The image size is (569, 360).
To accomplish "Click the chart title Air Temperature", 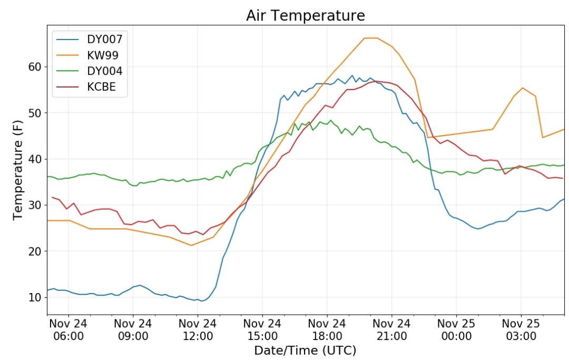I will (305, 16).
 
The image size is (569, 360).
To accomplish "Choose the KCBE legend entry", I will (101, 87).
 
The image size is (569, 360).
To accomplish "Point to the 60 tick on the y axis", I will (35, 67).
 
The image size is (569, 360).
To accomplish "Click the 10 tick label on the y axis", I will (35, 297).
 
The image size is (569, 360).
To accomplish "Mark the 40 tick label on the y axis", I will (35, 159).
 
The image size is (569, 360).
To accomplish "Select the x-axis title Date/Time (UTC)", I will (305, 351).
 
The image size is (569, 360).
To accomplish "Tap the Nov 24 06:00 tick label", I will (68, 329).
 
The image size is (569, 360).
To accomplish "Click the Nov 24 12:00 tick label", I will (198, 329).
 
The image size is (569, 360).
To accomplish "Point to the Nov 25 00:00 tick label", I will (456, 329).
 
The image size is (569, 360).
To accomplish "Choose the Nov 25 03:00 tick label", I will (521, 329).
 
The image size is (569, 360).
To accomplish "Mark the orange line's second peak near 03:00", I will (522, 88).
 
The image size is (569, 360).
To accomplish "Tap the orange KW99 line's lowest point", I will (191, 245).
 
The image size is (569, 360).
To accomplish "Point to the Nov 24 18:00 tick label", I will (327, 329).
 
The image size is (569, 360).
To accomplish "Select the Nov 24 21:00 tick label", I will (391, 329).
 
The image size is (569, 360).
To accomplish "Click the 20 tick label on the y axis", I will (35, 251).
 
